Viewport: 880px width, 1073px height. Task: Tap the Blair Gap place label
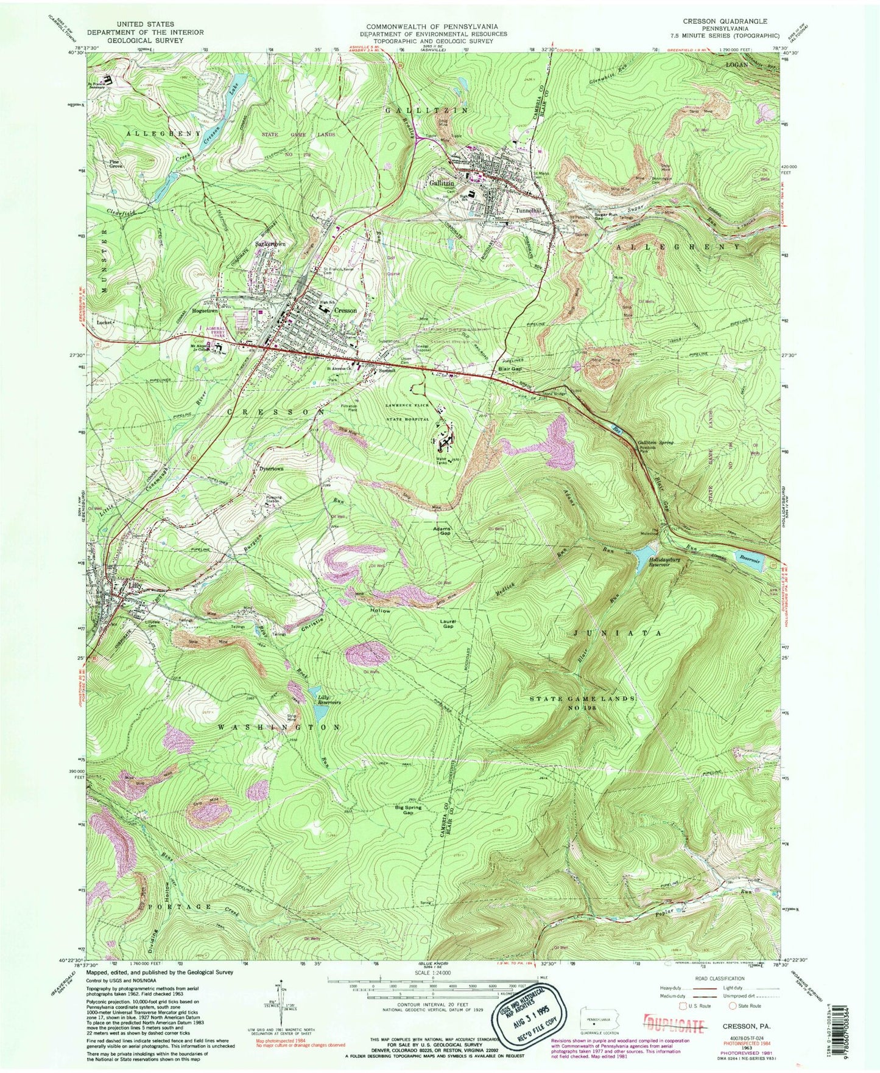coord(509,368)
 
